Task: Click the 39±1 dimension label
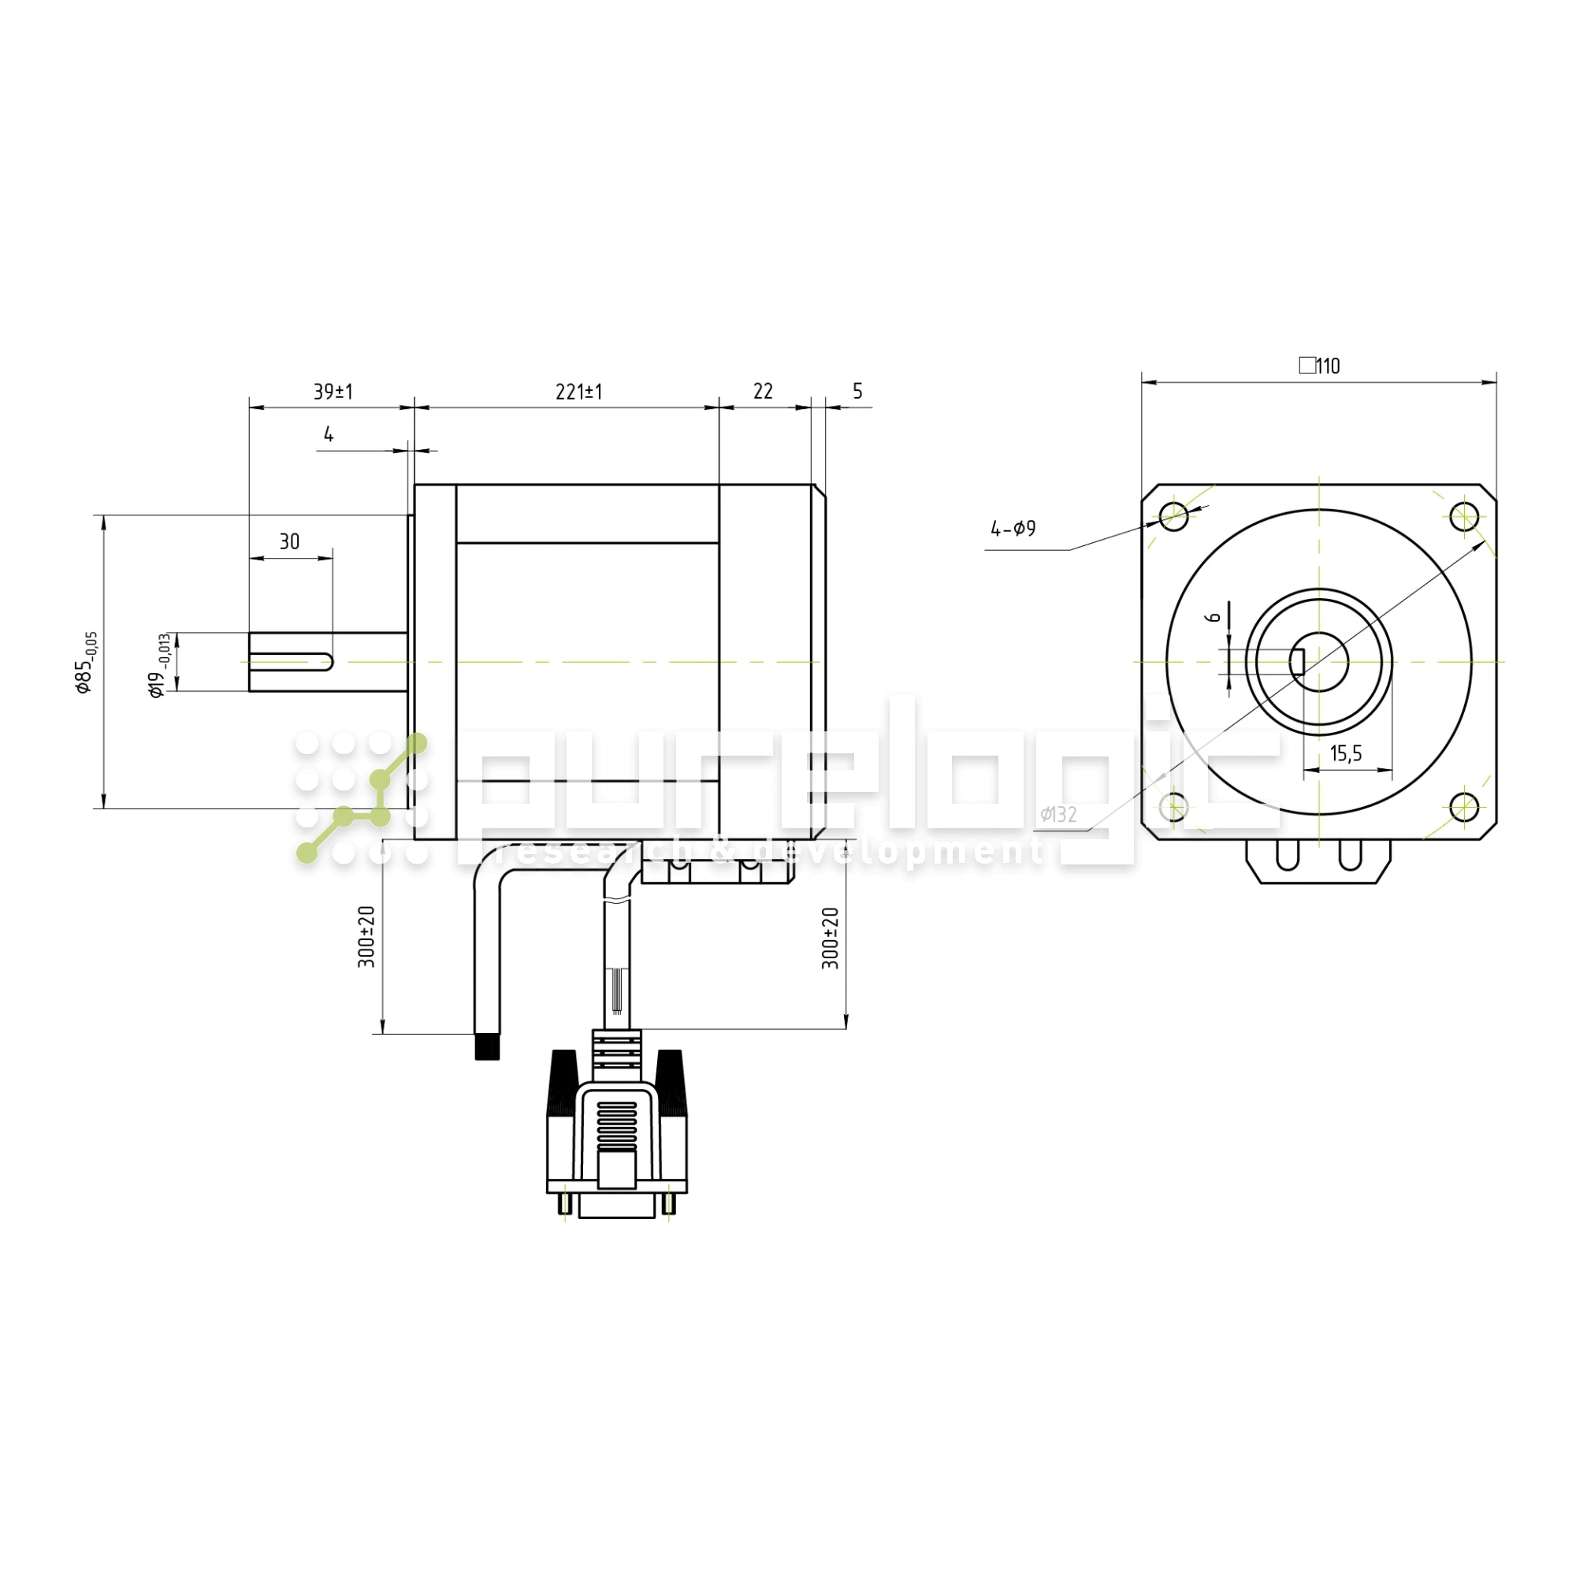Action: click(x=333, y=392)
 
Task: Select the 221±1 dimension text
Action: click(x=578, y=392)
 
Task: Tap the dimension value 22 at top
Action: click(x=762, y=392)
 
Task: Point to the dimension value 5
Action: click(x=857, y=391)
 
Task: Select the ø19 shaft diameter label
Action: click(x=160, y=665)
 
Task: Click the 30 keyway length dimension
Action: click(x=289, y=541)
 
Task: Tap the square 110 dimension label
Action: click(x=1319, y=366)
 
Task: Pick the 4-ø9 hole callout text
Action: click(x=1013, y=529)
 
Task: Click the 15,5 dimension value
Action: click(x=1345, y=753)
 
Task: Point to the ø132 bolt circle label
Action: click(x=1058, y=814)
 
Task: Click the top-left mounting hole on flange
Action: click(x=1173, y=516)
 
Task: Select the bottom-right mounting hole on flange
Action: click(x=1464, y=807)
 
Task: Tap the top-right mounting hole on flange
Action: click(x=1464, y=516)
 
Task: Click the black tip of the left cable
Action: click(x=487, y=1046)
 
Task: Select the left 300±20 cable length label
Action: click(x=367, y=936)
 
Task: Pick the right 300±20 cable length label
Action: click(x=830, y=938)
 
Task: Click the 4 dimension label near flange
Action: click(x=328, y=434)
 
